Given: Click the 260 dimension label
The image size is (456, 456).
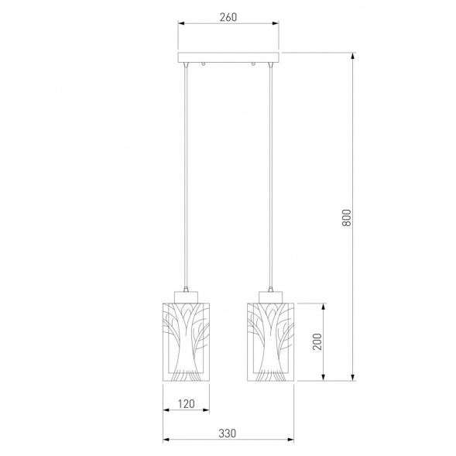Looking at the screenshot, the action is pyautogui.click(x=228, y=17).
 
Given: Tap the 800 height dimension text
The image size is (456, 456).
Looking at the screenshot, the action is pyautogui.click(x=346, y=218).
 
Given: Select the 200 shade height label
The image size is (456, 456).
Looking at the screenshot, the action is pyautogui.click(x=317, y=341).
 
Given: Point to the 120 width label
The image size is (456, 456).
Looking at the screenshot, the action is pyautogui.click(x=186, y=403).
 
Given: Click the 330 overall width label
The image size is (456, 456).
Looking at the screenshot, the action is pyautogui.click(x=228, y=434).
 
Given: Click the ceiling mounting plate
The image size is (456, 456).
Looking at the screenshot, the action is pyautogui.click(x=228, y=57).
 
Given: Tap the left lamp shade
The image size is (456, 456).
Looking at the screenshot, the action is pyautogui.click(x=186, y=341).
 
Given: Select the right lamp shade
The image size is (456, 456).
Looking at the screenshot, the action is pyautogui.click(x=270, y=341).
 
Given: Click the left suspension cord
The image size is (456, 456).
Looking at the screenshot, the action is pyautogui.click(x=186, y=177).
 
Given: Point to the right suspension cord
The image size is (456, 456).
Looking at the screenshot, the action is pyautogui.click(x=271, y=177).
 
